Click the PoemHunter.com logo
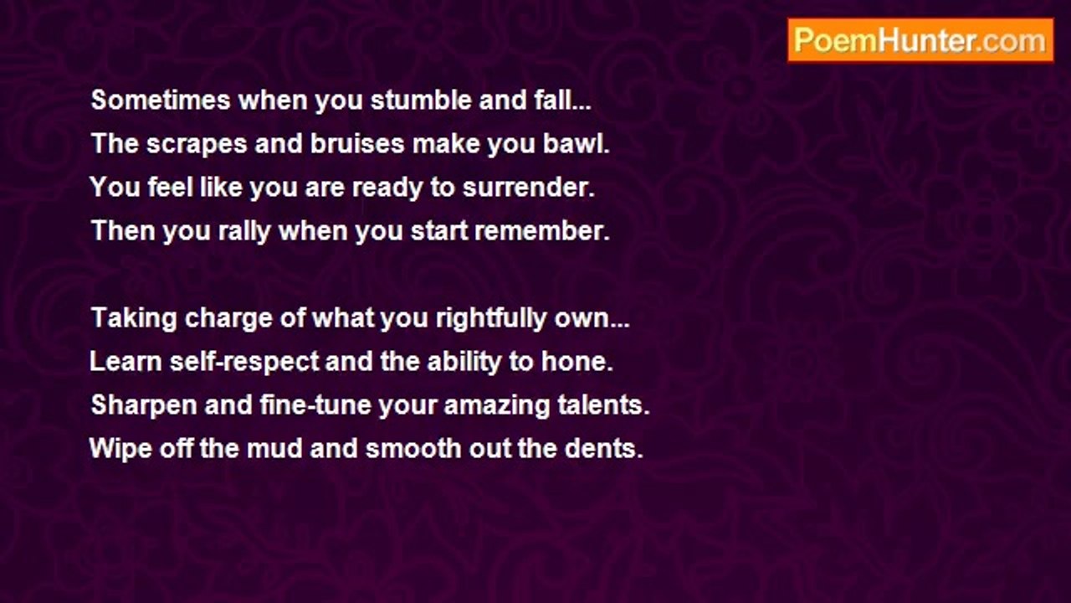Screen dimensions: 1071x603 [920, 40]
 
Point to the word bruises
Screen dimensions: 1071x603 [357, 143]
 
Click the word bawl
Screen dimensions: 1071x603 [576, 143]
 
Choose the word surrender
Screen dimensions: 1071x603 [528, 187]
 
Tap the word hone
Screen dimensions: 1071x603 [577, 361]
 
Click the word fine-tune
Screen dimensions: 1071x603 [315, 405]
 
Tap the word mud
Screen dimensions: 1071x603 [274, 448]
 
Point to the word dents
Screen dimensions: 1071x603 [604, 448]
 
